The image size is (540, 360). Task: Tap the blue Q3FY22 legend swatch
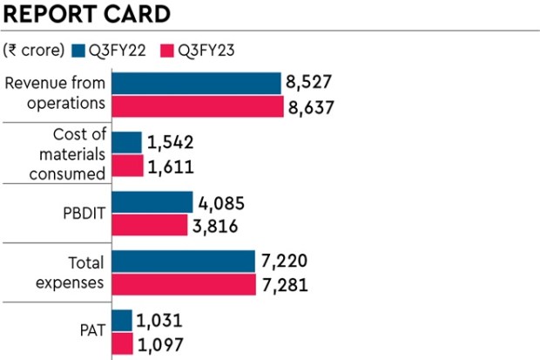pos(78,50)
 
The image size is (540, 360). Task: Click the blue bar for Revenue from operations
pos(198,84)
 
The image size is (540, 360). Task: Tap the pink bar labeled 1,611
pos(128,165)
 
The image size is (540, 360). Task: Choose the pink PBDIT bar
pos(150,225)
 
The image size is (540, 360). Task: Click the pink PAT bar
pos(123,343)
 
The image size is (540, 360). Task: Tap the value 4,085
pos(221,203)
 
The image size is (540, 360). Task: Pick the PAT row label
pos(89,332)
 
